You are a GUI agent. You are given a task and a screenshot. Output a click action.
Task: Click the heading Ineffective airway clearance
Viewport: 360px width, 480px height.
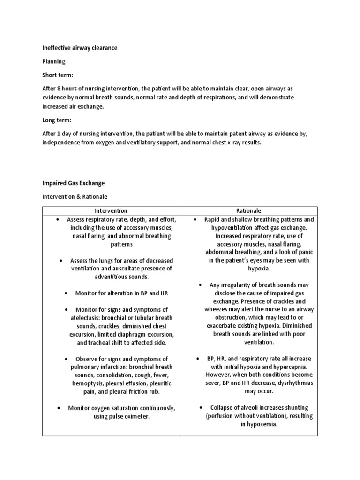[80, 48]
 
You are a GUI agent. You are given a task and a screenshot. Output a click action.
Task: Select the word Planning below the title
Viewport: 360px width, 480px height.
[54, 61]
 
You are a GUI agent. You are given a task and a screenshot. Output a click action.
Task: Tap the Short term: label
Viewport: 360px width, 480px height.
[58, 75]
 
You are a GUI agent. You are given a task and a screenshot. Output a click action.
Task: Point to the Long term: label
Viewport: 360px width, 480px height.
[57, 120]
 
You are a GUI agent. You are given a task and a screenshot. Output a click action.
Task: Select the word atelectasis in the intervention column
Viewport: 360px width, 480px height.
[85, 318]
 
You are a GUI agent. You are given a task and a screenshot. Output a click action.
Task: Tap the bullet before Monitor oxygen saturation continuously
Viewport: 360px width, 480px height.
[58, 408]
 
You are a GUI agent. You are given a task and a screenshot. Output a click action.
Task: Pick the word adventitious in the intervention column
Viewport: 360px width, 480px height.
[100, 277]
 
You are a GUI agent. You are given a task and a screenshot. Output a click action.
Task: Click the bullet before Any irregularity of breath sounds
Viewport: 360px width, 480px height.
[200, 285]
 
